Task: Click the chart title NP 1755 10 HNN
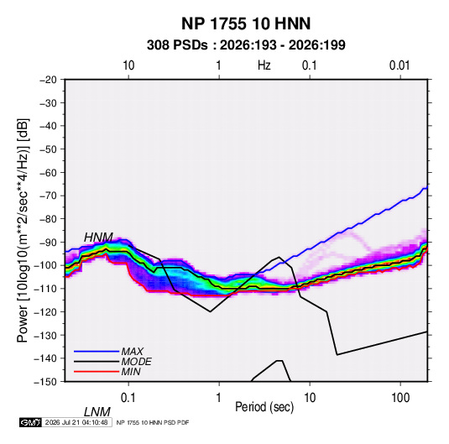pyautogui.click(x=246, y=24)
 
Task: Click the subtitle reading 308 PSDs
pyautogui.click(x=177, y=45)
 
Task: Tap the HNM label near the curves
pyautogui.click(x=98, y=238)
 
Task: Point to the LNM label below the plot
pyautogui.click(x=97, y=412)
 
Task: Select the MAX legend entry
pyautogui.click(x=133, y=351)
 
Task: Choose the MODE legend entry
pyautogui.click(x=136, y=362)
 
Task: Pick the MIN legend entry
pyautogui.click(x=131, y=372)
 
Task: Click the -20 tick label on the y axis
pyautogui.click(x=48, y=80)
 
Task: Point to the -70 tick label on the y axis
pyautogui.click(x=48, y=196)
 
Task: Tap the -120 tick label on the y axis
pyautogui.click(x=45, y=312)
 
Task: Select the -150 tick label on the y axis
pyautogui.click(x=45, y=382)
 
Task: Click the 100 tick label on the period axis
pyautogui.click(x=400, y=397)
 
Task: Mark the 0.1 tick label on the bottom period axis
pyautogui.click(x=128, y=397)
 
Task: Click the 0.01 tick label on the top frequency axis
pyautogui.click(x=399, y=65)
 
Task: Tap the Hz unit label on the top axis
pyautogui.click(x=264, y=65)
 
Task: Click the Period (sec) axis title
pyautogui.click(x=264, y=407)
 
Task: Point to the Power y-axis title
pyautogui.click(x=23, y=230)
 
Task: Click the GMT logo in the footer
pyautogui.click(x=31, y=422)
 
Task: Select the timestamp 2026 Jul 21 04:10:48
pyautogui.click(x=76, y=422)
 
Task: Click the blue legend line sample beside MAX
pyautogui.click(x=97, y=352)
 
